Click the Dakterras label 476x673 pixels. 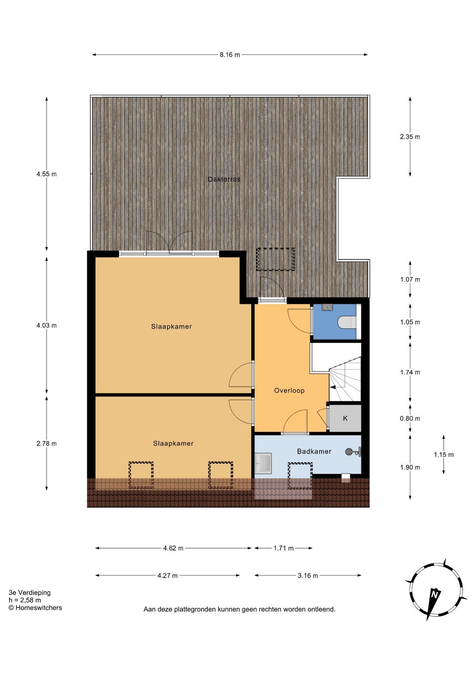point(224,179)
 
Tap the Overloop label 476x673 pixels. point(289,390)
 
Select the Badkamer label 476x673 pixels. point(314,451)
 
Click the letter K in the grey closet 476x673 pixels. point(345,418)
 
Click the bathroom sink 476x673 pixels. point(263,463)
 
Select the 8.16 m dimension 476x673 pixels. point(230,55)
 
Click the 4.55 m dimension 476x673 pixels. point(47,174)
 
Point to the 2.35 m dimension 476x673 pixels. point(410,137)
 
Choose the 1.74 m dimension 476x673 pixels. point(410,372)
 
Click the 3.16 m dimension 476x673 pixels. point(308,576)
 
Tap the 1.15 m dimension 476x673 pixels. point(444,455)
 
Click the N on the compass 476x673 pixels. point(435,594)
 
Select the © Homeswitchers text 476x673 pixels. point(35,608)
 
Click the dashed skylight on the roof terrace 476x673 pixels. point(275,259)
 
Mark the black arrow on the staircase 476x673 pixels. point(332,387)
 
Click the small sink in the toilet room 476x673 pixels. point(327,307)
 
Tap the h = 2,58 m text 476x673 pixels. point(25,600)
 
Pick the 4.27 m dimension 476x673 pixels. point(168,576)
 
